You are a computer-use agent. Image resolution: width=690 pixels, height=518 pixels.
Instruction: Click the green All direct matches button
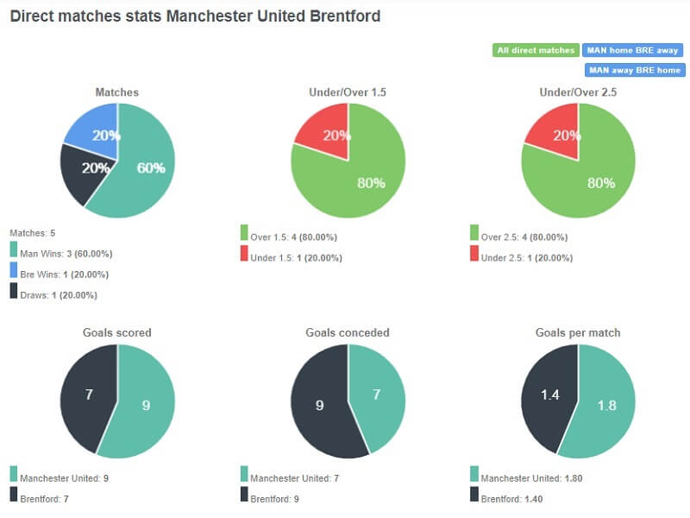pos(536,50)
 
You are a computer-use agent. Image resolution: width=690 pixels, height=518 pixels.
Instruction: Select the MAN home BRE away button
pos(634,50)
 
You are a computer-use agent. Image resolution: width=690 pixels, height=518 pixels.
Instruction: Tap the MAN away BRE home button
pos(634,70)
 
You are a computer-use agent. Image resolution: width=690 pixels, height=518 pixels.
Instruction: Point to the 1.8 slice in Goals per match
pos(604,406)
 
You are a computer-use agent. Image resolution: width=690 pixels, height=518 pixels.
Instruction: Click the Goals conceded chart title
pos(348,332)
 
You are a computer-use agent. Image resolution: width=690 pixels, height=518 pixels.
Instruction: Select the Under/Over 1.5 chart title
pos(348,92)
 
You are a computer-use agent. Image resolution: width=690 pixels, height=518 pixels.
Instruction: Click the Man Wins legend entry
pos(65,254)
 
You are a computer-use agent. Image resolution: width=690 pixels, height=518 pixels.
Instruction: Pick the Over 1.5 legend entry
pos(293,237)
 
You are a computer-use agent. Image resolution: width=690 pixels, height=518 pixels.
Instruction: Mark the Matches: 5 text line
pos(32,233)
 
